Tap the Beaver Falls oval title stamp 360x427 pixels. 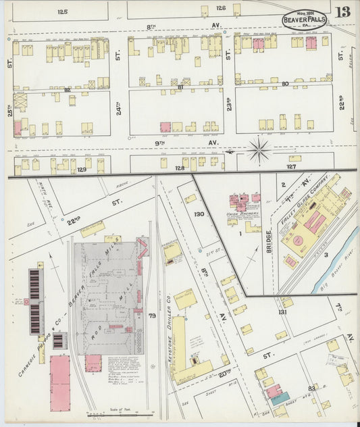(304, 20)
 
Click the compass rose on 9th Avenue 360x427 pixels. (259, 150)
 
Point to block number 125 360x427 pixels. (63, 11)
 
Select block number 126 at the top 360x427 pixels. (221, 8)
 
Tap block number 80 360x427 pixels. (285, 84)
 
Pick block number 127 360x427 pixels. (291, 166)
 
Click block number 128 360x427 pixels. (180, 168)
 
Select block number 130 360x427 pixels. (199, 214)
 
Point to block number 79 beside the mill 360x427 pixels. (152, 316)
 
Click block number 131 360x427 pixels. (282, 312)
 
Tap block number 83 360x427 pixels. (312, 388)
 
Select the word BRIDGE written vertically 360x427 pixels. (269, 239)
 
